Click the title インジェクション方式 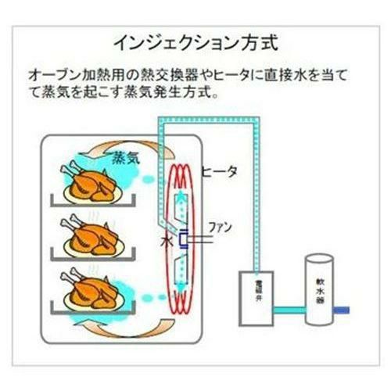(x=195, y=40)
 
